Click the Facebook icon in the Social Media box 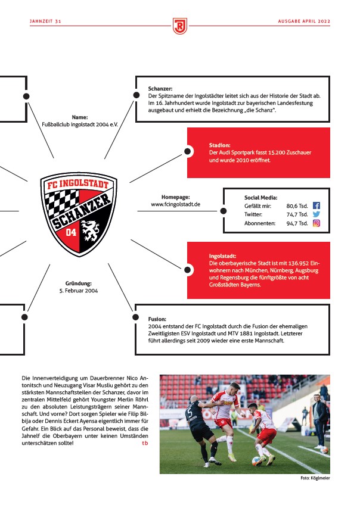[316, 205]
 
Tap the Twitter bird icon [316, 214]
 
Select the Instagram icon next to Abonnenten [316, 223]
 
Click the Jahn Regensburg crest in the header [179, 25]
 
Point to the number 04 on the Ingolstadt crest [71, 232]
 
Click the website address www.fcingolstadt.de [175, 204]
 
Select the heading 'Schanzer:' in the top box [160, 89]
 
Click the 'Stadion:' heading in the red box [220, 145]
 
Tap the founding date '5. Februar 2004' [79, 291]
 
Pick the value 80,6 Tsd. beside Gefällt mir [297, 205]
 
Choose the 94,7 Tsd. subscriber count [297, 223]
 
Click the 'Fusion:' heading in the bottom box [158, 319]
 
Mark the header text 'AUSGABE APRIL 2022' [304, 21]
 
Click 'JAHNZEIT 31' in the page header [46, 21]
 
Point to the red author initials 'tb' [145, 443]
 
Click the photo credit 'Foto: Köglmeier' [315, 478]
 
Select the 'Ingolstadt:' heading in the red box [222, 255]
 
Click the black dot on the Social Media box [223, 210]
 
